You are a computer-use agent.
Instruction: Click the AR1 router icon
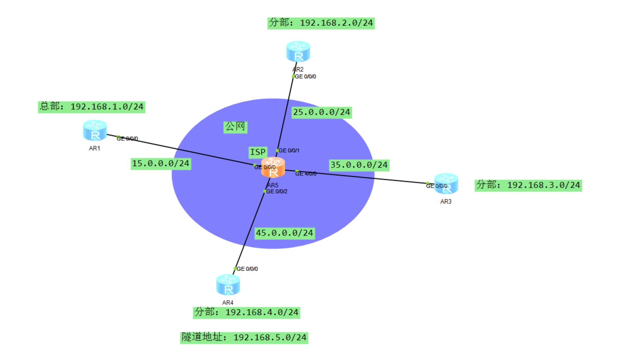95,131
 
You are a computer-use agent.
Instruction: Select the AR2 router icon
298,52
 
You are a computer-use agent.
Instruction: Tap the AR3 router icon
446,183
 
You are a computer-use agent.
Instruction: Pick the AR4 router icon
228,285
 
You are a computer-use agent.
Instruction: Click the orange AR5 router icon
273,168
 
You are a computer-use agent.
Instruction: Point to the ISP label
258,152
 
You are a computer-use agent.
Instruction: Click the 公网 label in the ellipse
235,127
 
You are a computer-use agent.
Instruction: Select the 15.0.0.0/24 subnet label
161,163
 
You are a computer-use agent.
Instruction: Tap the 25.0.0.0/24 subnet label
322,112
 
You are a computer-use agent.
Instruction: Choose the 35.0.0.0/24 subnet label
359,165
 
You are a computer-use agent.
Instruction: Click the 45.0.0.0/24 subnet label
285,233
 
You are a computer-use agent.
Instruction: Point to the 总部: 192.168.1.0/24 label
91,107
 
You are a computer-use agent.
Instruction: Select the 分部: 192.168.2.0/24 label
321,23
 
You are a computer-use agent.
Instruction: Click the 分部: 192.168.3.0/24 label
528,185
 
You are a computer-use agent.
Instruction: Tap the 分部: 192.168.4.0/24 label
246,312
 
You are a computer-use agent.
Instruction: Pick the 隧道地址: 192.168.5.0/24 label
244,338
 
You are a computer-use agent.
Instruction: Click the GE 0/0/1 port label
289,151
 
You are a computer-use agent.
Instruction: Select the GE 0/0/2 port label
277,191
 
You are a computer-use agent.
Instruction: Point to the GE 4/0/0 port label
306,174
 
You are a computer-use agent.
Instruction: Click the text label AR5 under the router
273,185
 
